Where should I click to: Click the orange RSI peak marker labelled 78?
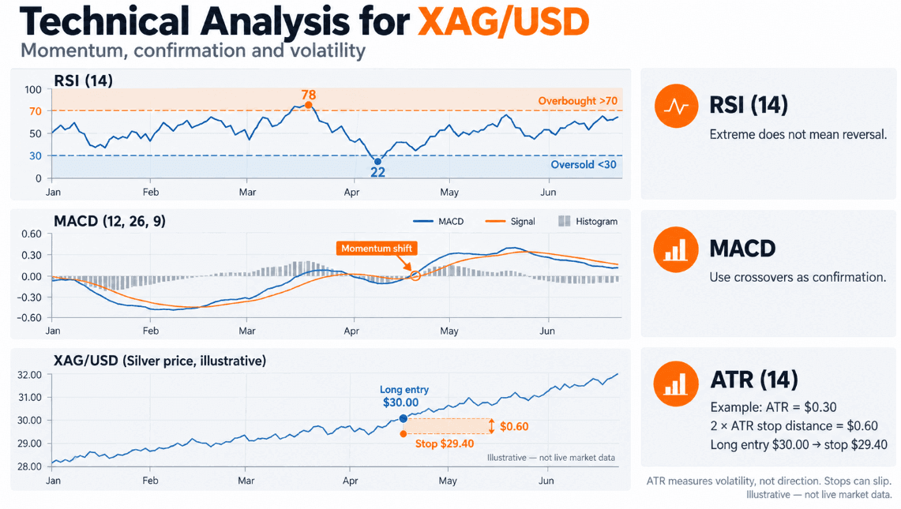click(309, 105)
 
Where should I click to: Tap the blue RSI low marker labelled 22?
click(377, 162)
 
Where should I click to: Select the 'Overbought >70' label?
click(577, 101)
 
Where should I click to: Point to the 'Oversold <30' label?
click(584, 165)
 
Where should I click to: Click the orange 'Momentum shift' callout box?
click(377, 248)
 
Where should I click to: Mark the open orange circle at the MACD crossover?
click(415, 276)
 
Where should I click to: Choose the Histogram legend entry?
click(588, 221)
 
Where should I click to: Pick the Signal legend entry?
click(510, 221)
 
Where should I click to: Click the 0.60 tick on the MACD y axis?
click(32, 234)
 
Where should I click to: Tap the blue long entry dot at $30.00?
click(404, 418)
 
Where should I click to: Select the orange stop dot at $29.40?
click(404, 434)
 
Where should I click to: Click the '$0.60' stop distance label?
click(514, 426)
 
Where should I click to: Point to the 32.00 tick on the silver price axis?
click(30, 375)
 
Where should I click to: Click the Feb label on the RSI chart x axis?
click(151, 192)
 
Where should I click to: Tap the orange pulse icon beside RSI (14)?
click(676, 106)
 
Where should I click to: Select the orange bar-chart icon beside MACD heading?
click(676, 249)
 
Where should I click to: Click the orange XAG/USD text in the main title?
click(503, 22)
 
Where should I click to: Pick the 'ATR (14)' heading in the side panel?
click(754, 380)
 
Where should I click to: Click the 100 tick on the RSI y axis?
click(33, 90)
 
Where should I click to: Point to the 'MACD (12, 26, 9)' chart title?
click(110, 221)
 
